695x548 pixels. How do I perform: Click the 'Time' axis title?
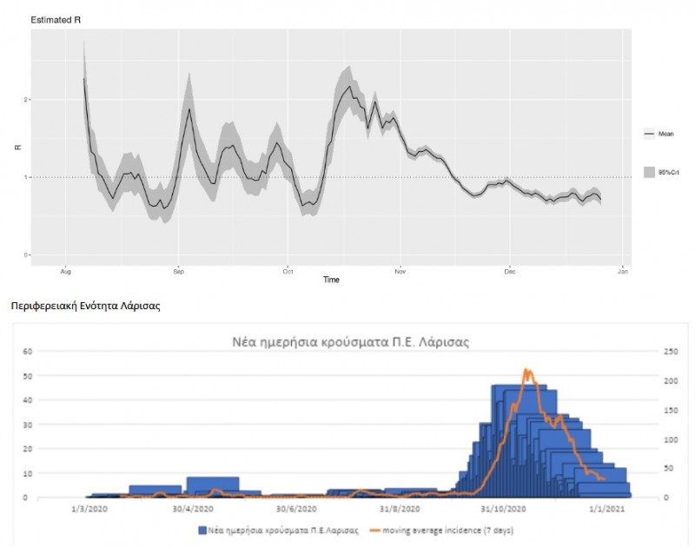pyautogui.click(x=331, y=280)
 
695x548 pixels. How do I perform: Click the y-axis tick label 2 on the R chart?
pyautogui.click(x=27, y=99)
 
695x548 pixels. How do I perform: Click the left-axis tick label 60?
pyautogui.click(x=27, y=352)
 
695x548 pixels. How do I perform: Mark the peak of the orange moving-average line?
pyautogui.click(x=526, y=370)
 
